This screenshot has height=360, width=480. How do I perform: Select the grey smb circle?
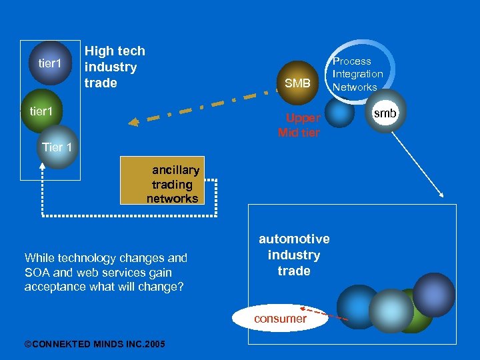pos(384,114)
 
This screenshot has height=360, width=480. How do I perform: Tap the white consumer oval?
pos(281,318)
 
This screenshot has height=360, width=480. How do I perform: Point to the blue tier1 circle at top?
pos(49,63)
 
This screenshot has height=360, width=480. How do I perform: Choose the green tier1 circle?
pos(41,110)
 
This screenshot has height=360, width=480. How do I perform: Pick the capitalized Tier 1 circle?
pos(57,147)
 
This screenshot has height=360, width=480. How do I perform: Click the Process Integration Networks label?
pos(357,74)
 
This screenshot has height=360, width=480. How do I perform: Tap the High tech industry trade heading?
pos(114,67)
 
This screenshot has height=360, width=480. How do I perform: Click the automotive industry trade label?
pos(294,255)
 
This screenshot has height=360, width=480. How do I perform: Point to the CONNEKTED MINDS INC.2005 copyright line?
pos(95,343)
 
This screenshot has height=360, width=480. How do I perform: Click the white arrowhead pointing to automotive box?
pos(441,195)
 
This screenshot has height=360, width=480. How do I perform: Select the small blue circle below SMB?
pos(340,113)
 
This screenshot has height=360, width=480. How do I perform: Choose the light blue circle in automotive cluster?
pos(391,311)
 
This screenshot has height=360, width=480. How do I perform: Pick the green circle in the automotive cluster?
pos(417,320)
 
